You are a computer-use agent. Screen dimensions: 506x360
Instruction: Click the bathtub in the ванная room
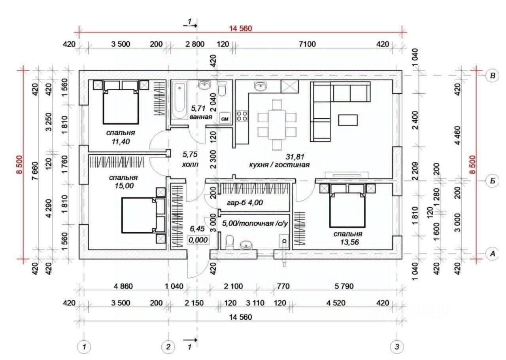point(179,100)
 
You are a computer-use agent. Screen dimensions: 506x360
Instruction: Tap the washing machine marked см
point(225,118)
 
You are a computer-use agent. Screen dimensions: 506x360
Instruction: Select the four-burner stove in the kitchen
point(242,116)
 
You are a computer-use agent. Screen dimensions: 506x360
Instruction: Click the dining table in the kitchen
point(277,125)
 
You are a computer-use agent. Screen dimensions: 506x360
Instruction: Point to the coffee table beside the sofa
point(348,120)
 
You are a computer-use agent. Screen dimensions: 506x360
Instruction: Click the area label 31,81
point(295,157)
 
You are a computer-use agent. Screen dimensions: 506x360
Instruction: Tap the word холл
point(190,165)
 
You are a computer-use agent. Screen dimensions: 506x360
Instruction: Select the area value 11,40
point(121,142)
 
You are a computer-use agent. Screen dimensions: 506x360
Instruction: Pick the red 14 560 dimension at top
point(241,28)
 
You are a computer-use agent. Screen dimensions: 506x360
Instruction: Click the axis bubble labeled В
point(493,76)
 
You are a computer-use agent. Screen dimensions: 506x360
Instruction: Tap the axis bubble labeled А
point(493,254)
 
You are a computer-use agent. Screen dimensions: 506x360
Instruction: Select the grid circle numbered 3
point(397,347)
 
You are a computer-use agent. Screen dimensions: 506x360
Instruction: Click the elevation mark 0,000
point(198,240)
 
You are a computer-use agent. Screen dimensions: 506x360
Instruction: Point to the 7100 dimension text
point(307,44)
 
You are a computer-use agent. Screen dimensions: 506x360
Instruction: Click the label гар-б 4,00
point(245,203)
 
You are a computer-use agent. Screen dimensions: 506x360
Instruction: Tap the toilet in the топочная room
point(230,243)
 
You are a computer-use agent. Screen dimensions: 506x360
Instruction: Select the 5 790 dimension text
point(344,286)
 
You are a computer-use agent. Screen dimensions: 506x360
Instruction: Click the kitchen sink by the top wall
point(261,86)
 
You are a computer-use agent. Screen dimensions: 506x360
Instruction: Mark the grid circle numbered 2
point(168,347)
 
